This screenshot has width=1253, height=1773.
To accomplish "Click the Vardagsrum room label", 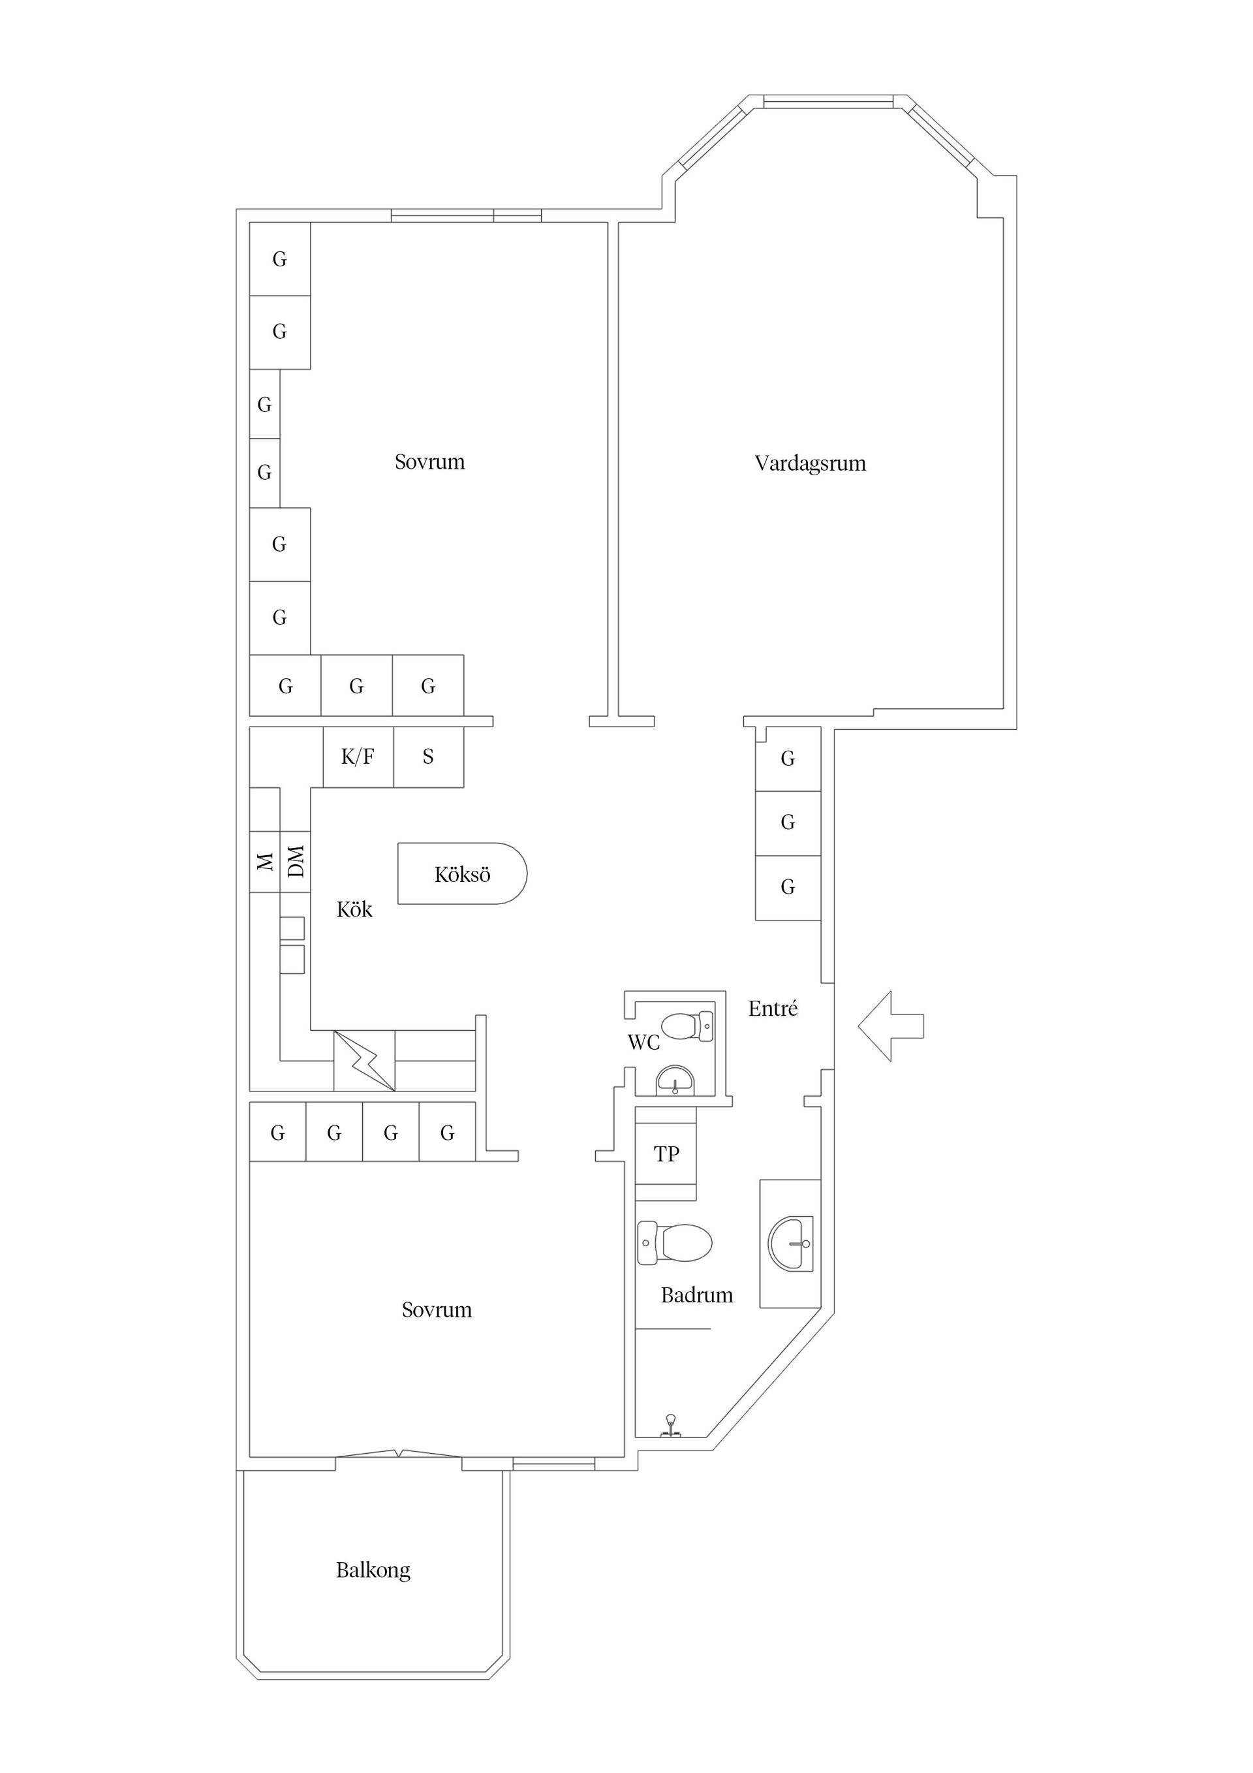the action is [810, 463].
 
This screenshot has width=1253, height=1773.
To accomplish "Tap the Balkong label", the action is [373, 1571].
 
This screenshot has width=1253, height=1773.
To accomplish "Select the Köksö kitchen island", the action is [461, 873].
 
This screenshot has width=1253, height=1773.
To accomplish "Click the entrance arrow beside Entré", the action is [890, 1026].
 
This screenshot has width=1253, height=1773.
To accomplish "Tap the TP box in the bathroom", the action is [666, 1153].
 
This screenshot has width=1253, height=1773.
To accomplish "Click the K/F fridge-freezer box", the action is [358, 757].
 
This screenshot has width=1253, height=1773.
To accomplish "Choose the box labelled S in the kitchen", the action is [429, 757].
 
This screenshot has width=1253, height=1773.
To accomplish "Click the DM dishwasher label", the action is [296, 861].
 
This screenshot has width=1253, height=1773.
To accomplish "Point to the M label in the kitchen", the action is [265, 862].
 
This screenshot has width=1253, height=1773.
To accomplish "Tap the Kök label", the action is [354, 909].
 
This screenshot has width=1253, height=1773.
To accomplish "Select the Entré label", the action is [773, 1008].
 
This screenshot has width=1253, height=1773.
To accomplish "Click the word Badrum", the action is [696, 1295].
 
